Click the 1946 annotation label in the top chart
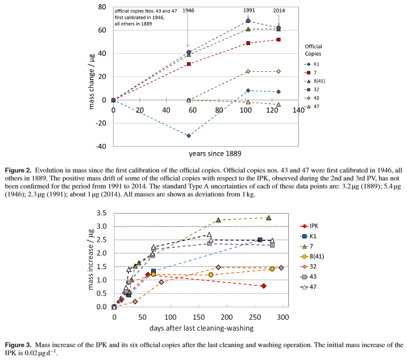click(189, 10)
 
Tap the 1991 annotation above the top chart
click(249, 10)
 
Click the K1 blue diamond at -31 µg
click(189, 135)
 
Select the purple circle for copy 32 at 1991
click(248, 21)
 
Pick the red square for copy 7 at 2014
click(279, 40)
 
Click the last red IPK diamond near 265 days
click(264, 286)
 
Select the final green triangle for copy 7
click(269, 217)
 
